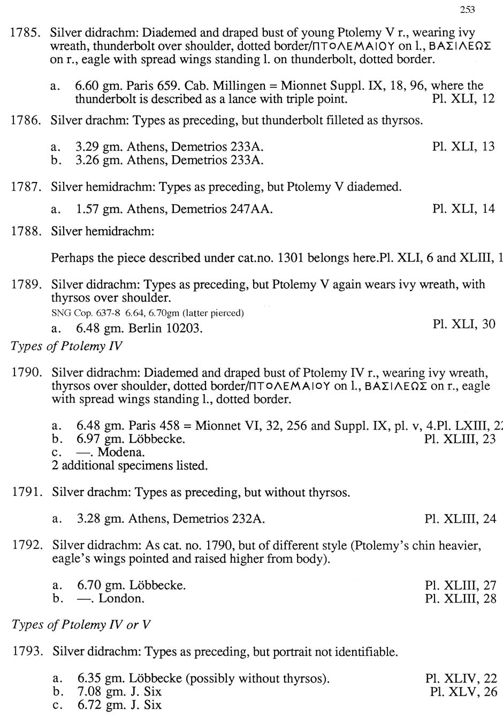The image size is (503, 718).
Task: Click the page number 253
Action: (467, 9)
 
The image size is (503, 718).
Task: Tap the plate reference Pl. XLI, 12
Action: (463, 99)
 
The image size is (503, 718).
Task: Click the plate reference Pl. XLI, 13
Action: (463, 147)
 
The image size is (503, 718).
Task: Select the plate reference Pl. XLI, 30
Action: (463, 324)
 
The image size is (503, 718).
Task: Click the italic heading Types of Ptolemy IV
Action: (66, 346)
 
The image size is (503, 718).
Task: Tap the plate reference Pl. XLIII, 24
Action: (460, 518)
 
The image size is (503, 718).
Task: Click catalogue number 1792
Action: (27, 545)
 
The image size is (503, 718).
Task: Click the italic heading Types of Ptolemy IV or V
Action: (81, 625)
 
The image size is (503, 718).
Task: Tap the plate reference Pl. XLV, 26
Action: (463, 692)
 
